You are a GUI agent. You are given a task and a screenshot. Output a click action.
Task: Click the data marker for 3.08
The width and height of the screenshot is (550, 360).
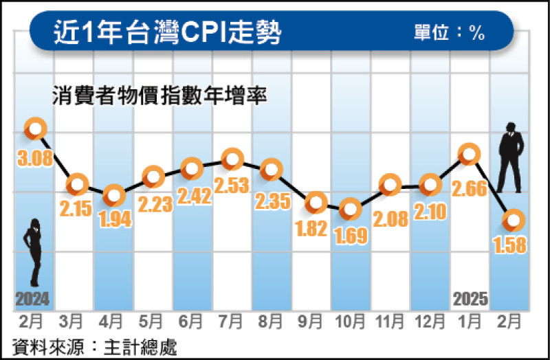tap(35, 128)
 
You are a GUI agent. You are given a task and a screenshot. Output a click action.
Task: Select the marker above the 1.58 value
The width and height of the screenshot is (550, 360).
tap(514, 220)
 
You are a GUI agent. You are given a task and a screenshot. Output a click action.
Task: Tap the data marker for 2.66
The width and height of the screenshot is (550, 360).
tap(469, 154)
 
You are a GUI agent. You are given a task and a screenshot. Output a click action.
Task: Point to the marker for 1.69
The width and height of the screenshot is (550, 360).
tap(351, 208)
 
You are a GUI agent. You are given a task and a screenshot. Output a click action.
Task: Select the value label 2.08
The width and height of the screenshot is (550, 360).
tap(390, 218)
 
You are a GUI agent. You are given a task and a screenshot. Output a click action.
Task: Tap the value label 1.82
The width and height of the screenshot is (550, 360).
tap(311, 229)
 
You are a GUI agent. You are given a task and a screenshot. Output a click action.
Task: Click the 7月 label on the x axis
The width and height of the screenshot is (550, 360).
tap(232, 320)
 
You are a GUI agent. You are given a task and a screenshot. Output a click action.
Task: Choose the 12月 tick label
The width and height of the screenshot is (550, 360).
tap(430, 320)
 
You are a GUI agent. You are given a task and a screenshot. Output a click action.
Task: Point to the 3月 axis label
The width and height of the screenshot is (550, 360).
tap(75, 320)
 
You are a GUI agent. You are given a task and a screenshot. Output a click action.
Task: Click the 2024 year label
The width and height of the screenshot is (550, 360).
tap(32, 299)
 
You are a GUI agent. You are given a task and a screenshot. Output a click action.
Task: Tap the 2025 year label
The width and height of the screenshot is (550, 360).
tap(471, 299)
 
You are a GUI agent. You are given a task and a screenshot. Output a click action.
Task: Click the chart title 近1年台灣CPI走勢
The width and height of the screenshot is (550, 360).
tap(168, 32)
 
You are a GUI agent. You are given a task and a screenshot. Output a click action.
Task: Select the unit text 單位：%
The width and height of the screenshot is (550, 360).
tap(450, 33)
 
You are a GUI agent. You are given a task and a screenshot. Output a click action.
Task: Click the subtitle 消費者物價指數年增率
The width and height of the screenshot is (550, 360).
tap(159, 94)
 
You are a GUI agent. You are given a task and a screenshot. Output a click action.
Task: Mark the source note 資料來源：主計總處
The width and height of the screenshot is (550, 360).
tap(95, 346)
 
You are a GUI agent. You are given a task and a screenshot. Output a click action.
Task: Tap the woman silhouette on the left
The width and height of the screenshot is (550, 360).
tap(33, 251)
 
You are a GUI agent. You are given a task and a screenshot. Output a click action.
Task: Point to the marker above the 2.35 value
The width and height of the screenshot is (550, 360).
tap(272, 168)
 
